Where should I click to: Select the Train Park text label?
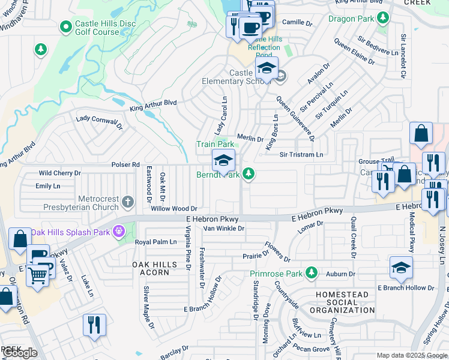pos(215,144)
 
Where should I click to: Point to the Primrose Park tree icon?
pos(311,274)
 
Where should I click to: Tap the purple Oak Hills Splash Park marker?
pos(120,230)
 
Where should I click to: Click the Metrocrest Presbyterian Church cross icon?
pos(127,200)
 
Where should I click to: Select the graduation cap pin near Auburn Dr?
pos(401,268)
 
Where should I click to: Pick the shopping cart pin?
pos(38,276)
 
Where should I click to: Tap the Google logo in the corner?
pos(20,353)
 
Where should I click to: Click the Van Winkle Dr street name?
pos(224,228)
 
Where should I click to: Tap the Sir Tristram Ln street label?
pos(301,154)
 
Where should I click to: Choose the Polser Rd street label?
pos(125,164)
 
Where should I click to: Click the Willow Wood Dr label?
pos(174,208)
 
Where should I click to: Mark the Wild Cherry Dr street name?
pos(59,173)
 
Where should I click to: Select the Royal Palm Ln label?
pos(155,242)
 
